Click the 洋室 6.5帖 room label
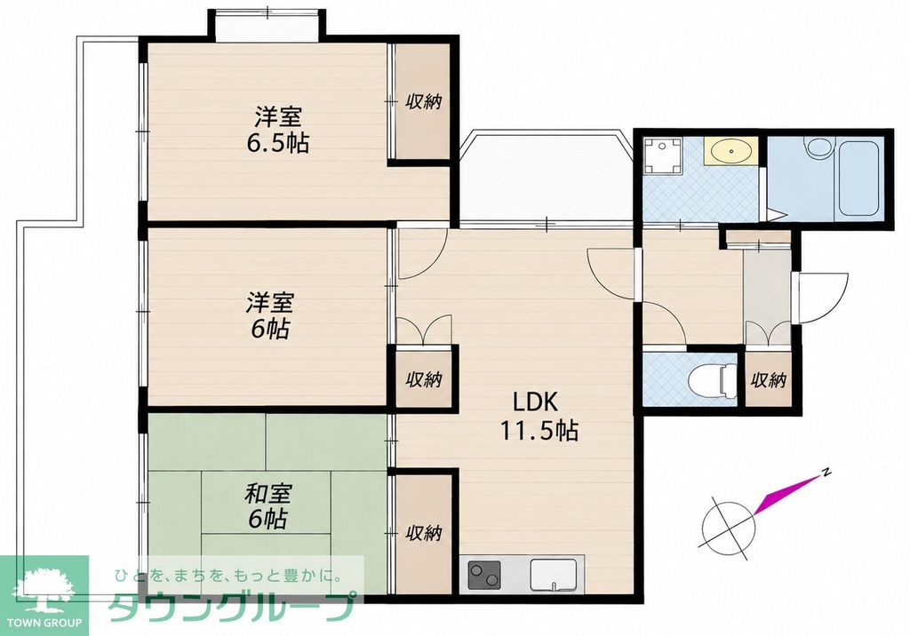click(x=275, y=130)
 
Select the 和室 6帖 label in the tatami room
click(x=267, y=506)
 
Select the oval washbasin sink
click(x=730, y=151)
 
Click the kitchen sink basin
click(x=554, y=575)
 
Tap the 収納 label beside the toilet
click(x=769, y=380)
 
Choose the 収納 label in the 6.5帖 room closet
click(x=423, y=101)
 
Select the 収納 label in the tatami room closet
click(x=424, y=533)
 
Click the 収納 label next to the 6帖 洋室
click(x=424, y=380)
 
